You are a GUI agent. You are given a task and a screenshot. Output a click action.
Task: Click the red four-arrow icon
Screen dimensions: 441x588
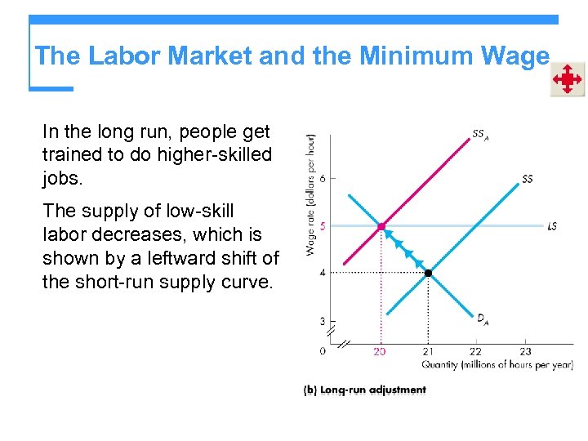click(x=566, y=80)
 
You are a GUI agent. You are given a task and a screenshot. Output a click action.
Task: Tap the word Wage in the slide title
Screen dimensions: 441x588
click(x=516, y=56)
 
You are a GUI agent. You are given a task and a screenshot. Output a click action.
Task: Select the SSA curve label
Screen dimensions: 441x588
click(x=480, y=135)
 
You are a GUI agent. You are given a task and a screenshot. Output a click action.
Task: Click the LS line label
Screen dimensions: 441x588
click(x=553, y=225)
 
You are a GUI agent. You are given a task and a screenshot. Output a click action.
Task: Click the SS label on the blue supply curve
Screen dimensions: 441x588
click(x=528, y=179)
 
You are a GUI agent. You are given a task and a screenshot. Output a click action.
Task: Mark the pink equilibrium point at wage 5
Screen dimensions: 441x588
click(x=381, y=226)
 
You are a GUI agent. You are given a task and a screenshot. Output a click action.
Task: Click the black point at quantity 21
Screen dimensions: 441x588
click(x=427, y=272)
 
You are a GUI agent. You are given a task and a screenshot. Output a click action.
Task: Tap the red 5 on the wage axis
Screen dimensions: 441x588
click(x=323, y=226)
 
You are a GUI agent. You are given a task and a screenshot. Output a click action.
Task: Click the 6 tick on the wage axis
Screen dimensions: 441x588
click(x=323, y=179)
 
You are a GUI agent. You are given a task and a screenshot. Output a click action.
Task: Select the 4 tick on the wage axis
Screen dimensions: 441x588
click(x=323, y=272)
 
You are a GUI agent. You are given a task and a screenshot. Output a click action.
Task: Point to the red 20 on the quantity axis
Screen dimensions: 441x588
click(x=381, y=351)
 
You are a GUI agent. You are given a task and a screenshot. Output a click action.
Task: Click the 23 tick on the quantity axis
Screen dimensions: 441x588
click(x=525, y=351)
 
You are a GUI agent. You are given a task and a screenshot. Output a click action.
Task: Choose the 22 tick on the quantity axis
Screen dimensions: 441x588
click(x=475, y=351)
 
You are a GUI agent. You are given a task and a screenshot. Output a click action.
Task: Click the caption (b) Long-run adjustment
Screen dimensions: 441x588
click(x=364, y=390)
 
